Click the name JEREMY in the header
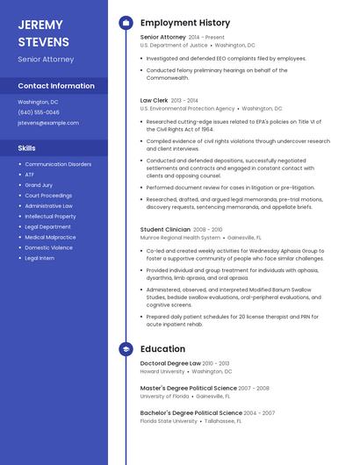tap(40, 25)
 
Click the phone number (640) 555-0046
tap(39, 112)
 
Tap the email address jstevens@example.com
tap(48, 123)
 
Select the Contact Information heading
tap(56, 86)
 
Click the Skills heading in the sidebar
tap(27, 148)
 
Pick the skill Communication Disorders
tap(58, 164)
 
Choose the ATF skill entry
tap(30, 175)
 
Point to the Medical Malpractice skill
tap(50, 237)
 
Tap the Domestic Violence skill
tap(48, 247)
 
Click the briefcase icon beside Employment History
tap(126, 23)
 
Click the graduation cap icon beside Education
tap(126, 348)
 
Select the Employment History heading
tap(185, 23)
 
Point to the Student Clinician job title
tap(165, 229)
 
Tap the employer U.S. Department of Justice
tap(174, 45)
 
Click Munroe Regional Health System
tap(180, 237)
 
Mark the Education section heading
tap(162, 348)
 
